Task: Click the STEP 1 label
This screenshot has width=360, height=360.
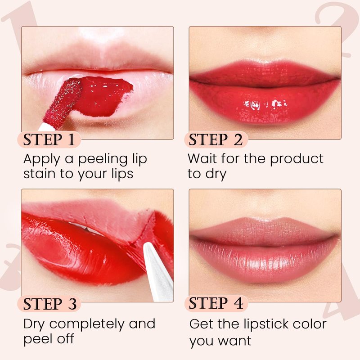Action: tap(49, 139)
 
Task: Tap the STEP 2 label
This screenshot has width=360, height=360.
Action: tap(216, 139)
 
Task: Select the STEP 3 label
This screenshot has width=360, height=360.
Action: tap(49, 303)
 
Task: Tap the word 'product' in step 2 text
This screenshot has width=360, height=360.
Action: tap(297, 159)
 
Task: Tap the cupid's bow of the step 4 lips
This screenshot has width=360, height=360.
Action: tap(265, 219)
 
